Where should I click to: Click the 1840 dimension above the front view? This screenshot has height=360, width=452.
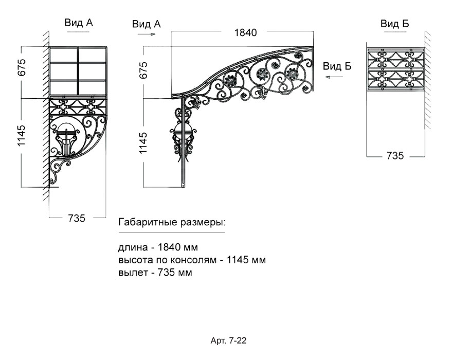pos(245,32)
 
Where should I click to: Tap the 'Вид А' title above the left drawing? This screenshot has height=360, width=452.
pos(79,23)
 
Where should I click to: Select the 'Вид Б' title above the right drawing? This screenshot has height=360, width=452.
pos(394,23)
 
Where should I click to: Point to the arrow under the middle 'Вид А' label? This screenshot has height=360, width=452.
pos(147,34)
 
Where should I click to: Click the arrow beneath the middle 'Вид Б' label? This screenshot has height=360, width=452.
pos(334,77)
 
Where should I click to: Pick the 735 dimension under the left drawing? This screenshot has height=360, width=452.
pos(77,218)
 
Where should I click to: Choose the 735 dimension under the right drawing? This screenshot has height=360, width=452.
pos(395,156)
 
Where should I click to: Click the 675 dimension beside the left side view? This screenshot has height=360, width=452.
pos(22,67)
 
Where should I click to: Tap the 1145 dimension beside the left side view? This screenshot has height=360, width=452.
pos(22,135)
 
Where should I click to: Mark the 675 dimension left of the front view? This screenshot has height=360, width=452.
pos(143,70)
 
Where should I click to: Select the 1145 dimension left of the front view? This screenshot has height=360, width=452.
pos(143,142)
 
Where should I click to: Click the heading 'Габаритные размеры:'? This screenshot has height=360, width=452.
pos(172,223)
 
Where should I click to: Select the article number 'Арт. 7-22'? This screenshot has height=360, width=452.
pos(228,340)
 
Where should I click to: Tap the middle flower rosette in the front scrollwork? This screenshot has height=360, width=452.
pos(263,75)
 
